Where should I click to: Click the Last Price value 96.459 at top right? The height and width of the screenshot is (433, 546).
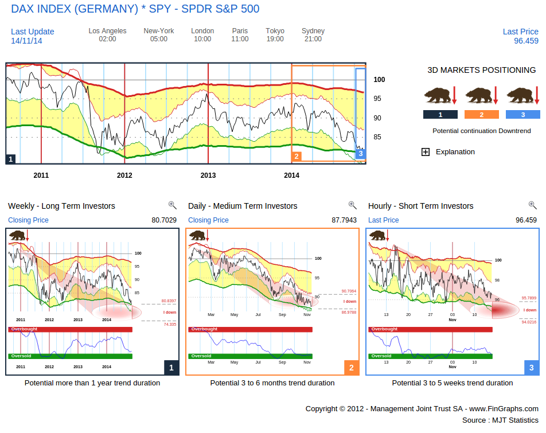coord(526,41)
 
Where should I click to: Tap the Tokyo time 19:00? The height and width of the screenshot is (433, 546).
coord(275,39)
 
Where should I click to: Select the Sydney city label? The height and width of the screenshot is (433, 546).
coord(313,31)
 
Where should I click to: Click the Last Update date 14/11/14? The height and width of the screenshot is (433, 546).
coord(26,41)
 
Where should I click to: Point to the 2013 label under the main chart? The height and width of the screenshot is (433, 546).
coord(208,175)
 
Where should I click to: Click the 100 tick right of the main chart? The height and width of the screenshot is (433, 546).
coord(379,80)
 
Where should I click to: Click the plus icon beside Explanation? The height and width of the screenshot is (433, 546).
coord(426,152)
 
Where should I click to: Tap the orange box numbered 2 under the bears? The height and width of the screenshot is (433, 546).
coord(481,115)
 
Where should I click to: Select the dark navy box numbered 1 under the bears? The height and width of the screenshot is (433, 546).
coord(440,115)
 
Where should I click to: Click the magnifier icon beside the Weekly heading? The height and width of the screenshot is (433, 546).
coord(172,205)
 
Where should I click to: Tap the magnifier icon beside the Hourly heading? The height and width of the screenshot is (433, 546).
coord(532,205)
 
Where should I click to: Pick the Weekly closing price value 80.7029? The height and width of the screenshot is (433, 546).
coord(164,220)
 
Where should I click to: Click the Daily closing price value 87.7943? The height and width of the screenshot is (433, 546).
coord(344,220)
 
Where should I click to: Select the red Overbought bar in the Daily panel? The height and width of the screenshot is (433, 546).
coord(251,329)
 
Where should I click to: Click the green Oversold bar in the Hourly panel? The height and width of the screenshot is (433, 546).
coord(431,356)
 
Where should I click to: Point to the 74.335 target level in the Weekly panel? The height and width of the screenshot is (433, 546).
coord(169,324)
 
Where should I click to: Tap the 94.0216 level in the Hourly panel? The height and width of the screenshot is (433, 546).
coord(529,322)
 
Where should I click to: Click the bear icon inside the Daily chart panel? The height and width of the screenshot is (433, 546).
coord(197,235)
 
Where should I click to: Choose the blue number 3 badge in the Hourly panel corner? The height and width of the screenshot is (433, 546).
coord(531,368)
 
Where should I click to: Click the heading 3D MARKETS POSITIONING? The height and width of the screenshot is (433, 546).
coord(481,70)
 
